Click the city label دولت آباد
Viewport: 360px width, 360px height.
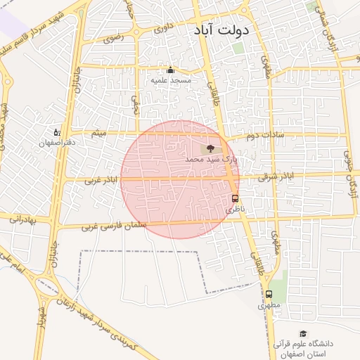[x=221, y=32]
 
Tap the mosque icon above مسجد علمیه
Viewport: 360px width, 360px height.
[x=169, y=70]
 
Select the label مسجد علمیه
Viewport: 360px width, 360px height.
[x=169, y=81]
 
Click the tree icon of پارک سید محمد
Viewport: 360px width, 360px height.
[x=210, y=148]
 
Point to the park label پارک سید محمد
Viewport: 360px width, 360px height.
[x=212, y=160]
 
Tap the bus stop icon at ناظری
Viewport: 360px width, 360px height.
[x=235, y=198]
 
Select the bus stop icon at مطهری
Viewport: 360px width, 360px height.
[x=269, y=294]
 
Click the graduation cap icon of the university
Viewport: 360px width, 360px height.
[x=303, y=333]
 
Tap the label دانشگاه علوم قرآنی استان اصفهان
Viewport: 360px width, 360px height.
[x=304, y=347]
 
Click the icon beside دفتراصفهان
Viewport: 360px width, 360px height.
[x=57, y=131]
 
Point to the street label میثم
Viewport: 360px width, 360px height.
[x=101, y=133]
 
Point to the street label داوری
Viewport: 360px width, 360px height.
[x=164, y=30]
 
